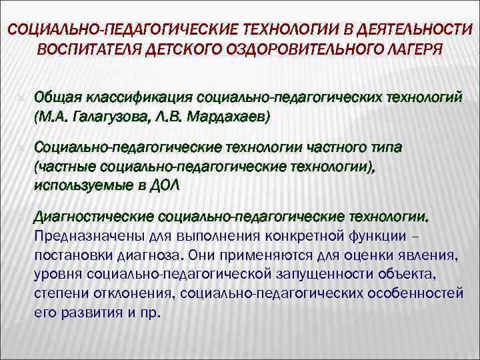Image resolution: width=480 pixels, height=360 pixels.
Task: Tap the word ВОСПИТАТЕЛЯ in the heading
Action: (81, 51)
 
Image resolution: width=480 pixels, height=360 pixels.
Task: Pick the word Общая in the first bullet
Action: (56, 99)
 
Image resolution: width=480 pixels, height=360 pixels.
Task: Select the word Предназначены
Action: (81, 237)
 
